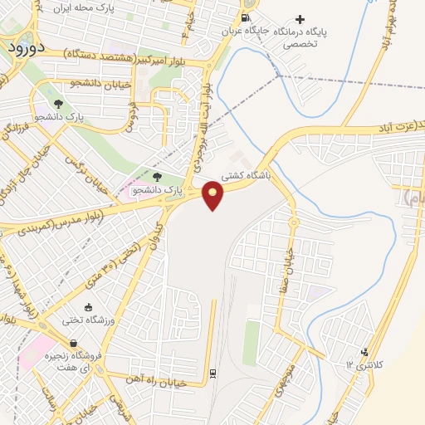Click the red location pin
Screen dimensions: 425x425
pyautogui.click(x=213, y=193)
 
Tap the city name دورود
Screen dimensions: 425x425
pyautogui.click(x=17, y=47)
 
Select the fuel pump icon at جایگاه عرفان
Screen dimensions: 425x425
pyautogui.click(x=244, y=17)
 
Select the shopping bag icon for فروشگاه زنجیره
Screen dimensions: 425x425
pyautogui.click(x=75, y=342)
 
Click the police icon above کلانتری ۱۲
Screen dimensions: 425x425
pyautogui.click(x=364, y=353)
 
